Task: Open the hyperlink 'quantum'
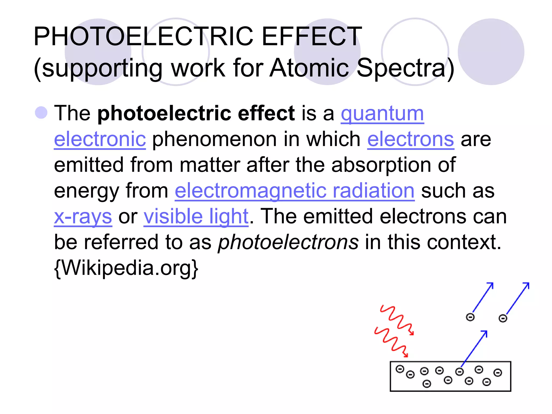click(382, 114)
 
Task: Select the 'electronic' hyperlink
click(100, 139)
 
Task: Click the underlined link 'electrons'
click(410, 139)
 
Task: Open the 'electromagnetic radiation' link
click(294, 191)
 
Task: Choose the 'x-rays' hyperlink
click(83, 217)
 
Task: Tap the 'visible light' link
click(196, 217)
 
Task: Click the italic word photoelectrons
click(288, 242)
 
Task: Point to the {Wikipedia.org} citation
click(126, 268)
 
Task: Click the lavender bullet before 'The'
click(41, 113)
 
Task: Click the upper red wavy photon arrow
click(397, 320)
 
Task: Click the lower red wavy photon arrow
click(391, 342)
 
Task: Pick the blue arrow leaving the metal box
click(474, 349)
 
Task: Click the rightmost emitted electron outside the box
click(503, 319)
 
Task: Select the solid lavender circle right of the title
click(491, 52)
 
